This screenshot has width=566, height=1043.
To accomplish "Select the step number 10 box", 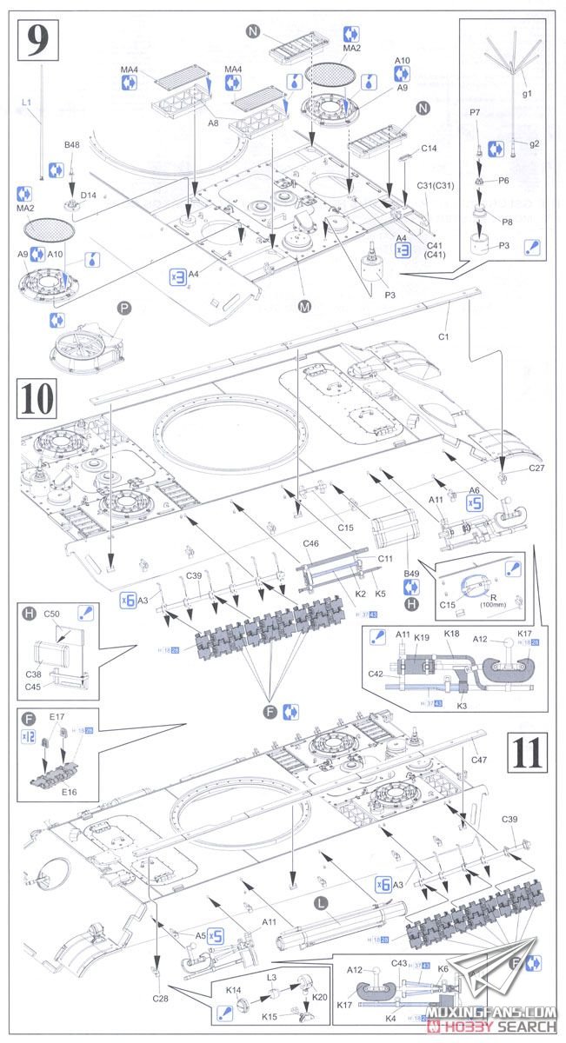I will pyautogui.click(x=36, y=398).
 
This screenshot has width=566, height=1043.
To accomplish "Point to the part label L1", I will pyautogui.click(x=27, y=103).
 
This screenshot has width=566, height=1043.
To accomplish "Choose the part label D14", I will pyautogui.click(x=89, y=196).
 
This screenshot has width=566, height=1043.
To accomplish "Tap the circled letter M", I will pyautogui.click(x=304, y=305).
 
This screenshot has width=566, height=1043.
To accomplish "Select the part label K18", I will pyautogui.click(x=451, y=635).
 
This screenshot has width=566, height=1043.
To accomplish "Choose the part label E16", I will pyautogui.click(x=57, y=791).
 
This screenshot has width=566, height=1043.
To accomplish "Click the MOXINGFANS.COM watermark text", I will pyautogui.click(x=504, y=1013).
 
